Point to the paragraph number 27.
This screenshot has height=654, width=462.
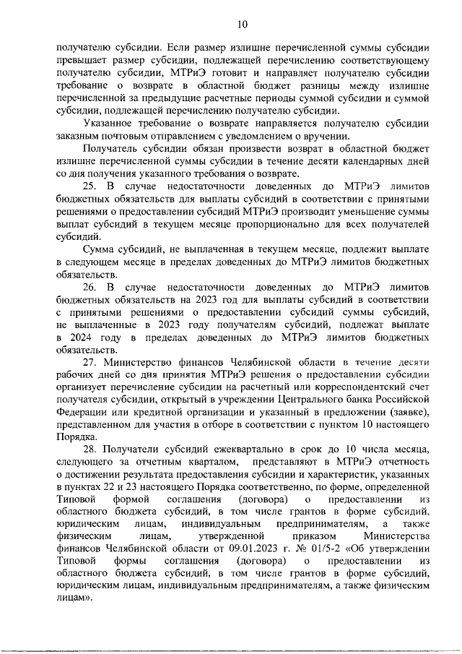[x=90, y=361]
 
